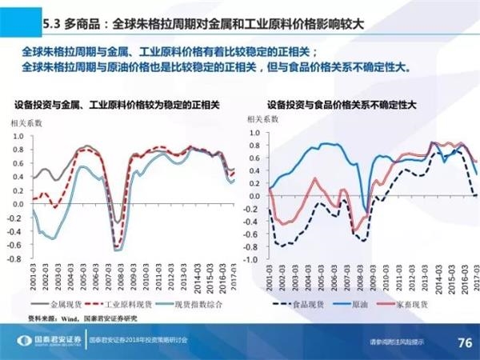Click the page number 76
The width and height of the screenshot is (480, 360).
(462, 342)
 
